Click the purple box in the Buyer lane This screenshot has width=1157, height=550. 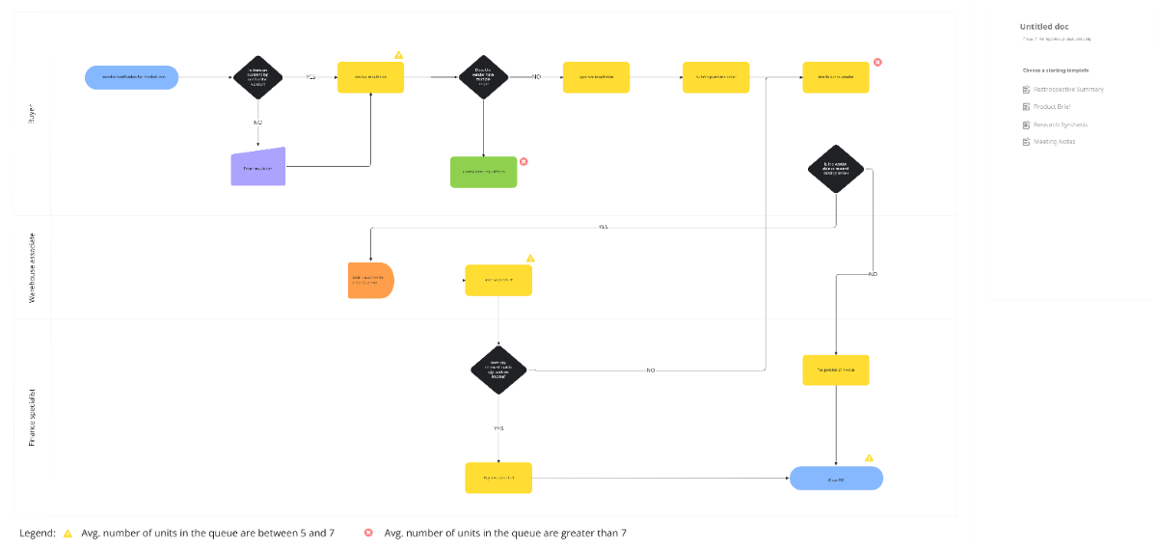(258, 167)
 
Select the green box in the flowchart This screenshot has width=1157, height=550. (483, 172)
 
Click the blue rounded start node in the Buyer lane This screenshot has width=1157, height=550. (131, 77)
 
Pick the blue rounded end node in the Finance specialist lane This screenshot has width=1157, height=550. (836, 478)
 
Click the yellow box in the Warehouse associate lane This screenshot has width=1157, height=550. (498, 280)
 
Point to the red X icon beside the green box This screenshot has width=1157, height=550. (524, 161)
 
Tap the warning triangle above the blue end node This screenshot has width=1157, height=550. (869, 457)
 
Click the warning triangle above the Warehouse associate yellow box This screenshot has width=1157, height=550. (529, 259)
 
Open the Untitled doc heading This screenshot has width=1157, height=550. (1044, 26)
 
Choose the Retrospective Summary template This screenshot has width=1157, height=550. (1067, 89)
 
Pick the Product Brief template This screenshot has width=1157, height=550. (1051, 106)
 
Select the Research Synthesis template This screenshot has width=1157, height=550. (1060, 124)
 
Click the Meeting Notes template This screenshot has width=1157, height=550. (1053, 142)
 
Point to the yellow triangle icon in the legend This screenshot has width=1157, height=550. (67, 533)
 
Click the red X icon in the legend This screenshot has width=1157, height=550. (368, 533)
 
